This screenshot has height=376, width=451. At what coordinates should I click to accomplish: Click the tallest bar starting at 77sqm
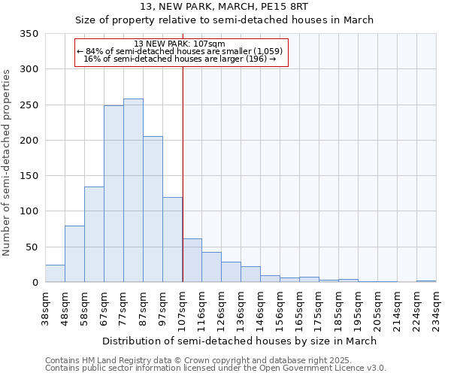[133, 190]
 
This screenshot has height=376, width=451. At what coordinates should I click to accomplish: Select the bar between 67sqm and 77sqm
[114, 194]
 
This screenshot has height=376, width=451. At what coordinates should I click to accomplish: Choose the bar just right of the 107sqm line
[192, 260]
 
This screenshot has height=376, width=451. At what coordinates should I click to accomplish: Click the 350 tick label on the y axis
[29, 34]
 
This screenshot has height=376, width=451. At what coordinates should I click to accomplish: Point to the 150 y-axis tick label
[29, 176]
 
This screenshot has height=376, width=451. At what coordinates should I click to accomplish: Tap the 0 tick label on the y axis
[35, 283]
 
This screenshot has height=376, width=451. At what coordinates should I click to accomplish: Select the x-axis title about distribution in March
[239, 341]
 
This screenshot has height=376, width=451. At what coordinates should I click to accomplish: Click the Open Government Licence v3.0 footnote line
[215, 368]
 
